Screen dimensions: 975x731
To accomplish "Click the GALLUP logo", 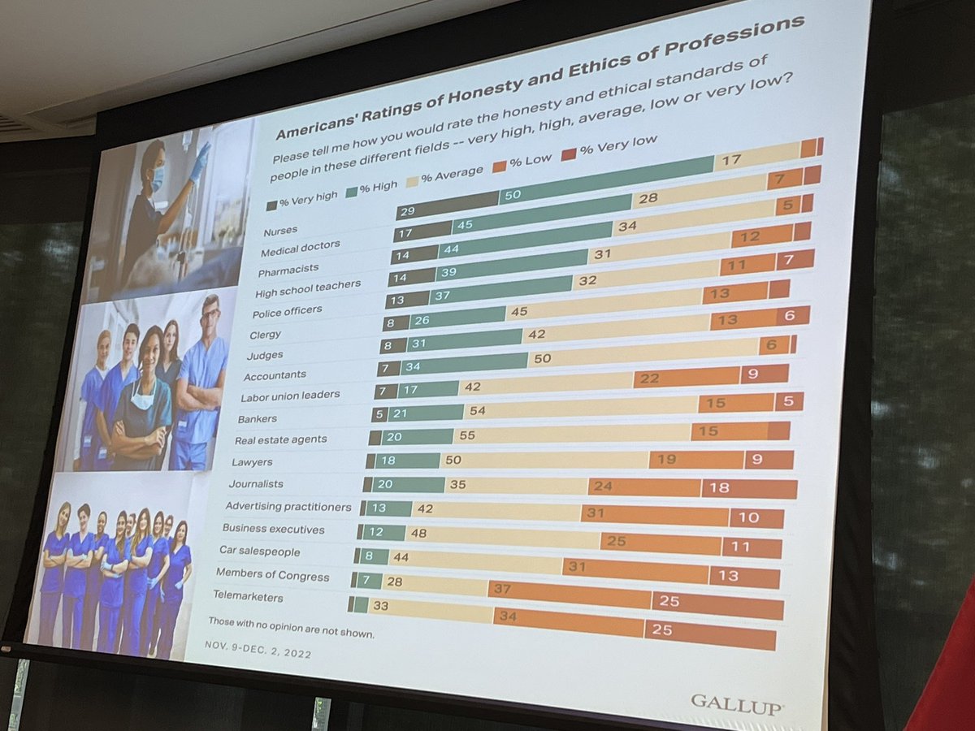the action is (737, 705).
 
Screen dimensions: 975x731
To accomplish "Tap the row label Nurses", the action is (280, 231).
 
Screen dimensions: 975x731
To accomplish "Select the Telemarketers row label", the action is (248, 595).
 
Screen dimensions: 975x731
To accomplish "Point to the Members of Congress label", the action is (273, 575).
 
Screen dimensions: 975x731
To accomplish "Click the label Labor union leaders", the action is (290, 396).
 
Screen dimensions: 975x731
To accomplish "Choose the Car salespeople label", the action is (260, 551).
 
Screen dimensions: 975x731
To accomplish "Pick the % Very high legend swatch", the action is (272, 205).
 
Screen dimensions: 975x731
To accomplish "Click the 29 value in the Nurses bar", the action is (407, 211).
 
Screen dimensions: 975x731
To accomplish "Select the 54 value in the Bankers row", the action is (478, 411).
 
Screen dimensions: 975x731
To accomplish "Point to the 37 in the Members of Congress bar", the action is (502, 590).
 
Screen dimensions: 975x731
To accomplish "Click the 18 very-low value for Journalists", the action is (719, 488).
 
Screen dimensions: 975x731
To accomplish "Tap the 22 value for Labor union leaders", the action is (649, 378).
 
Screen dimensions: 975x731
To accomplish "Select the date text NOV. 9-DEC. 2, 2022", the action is (258, 649).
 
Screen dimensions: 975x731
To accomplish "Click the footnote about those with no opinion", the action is (292, 627).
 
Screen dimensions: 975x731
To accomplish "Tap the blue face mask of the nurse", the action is (157, 178).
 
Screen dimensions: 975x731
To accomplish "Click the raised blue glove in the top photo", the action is (201, 161).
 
